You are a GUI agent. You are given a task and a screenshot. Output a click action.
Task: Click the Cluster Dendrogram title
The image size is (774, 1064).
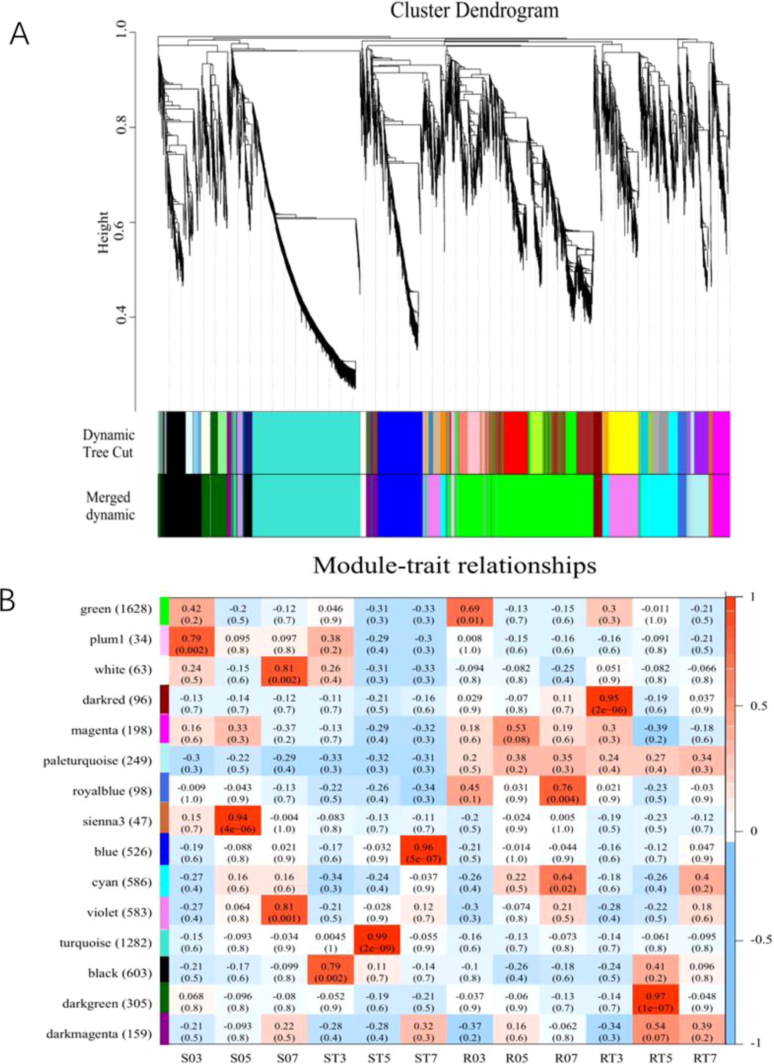(x=474, y=10)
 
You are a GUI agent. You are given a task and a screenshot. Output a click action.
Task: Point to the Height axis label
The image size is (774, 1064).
(x=103, y=233)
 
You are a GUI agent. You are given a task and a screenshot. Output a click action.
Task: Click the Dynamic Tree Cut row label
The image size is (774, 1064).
(x=108, y=444)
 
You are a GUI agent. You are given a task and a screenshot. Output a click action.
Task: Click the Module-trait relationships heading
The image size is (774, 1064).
(x=454, y=566)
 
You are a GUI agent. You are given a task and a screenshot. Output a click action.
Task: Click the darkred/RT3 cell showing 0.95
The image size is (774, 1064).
(x=609, y=704)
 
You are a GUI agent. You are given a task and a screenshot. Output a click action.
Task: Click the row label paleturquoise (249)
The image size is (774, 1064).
(x=97, y=761)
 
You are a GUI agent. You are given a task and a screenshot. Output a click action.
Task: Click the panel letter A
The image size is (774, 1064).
(x=20, y=34)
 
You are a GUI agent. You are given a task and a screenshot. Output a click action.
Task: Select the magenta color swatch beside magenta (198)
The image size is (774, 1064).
(x=164, y=730)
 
